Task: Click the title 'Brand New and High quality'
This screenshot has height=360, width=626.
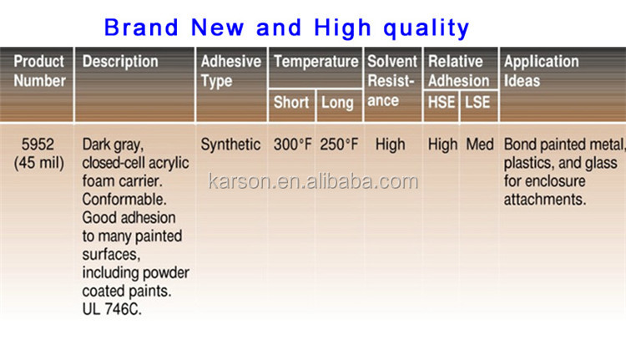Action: [286, 27]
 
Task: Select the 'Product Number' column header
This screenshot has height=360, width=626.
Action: [39, 71]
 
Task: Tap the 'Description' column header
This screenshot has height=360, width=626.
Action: [120, 61]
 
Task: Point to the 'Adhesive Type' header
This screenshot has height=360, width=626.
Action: [230, 71]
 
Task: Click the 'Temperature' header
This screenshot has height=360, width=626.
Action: [316, 61]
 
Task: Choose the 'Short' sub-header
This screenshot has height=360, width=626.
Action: [290, 104]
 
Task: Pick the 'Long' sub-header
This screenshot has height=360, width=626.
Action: [338, 104]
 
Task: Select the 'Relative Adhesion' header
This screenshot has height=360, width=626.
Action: [458, 71]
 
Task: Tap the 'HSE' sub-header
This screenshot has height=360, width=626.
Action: [442, 104]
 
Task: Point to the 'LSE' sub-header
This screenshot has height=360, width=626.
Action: [478, 104]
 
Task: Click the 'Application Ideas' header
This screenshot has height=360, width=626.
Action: [541, 71]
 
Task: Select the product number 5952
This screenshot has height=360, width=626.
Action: [38, 145]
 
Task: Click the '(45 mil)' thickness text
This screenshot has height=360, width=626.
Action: [39, 163]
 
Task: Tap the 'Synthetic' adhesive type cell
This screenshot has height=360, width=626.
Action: [230, 145]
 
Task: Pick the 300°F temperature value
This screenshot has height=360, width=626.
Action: [292, 145]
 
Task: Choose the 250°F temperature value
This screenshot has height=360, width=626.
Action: [339, 145]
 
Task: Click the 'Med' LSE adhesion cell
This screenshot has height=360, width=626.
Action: [480, 145]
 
